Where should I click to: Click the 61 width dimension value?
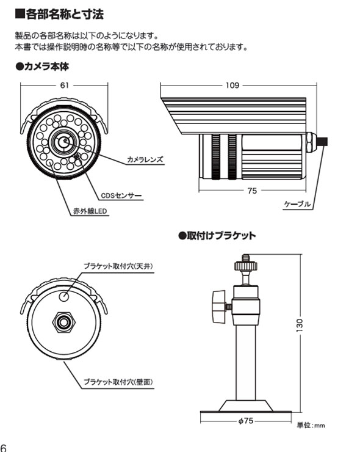tap(65, 86)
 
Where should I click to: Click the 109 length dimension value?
tap(232, 86)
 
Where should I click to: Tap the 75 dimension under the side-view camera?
tap(252, 191)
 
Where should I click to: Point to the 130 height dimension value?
tap(300, 325)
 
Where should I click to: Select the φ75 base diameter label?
tap(246, 421)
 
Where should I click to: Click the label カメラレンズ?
tap(145, 159)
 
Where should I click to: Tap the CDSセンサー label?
tap(121, 195)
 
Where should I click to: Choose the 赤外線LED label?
tap(90, 211)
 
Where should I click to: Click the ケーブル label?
tap(297, 204)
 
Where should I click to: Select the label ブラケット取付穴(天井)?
tap(118, 266)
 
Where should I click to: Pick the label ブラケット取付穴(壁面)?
tap(118, 382)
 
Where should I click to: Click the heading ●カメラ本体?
tap(42, 67)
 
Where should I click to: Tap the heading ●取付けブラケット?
tap(217, 236)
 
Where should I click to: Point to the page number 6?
tap(3, 447)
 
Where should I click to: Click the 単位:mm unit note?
tap(311, 425)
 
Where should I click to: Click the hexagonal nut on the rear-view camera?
tap(63, 323)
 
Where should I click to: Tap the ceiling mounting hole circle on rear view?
tap(64, 297)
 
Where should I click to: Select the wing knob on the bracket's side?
tap(218, 307)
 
